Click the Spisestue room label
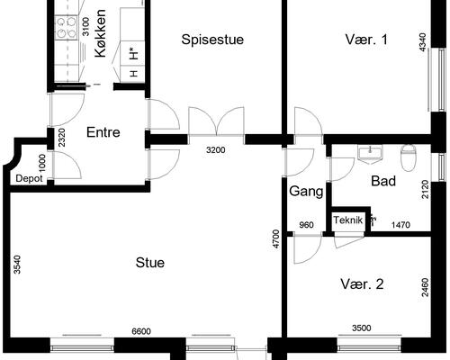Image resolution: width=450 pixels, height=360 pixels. click(212, 40)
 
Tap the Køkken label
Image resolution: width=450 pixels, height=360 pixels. click(100, 33)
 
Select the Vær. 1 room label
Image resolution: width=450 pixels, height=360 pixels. click(366, 40)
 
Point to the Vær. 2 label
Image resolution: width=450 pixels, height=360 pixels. click(362, 283)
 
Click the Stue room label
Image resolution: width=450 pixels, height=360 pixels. click(150, 263)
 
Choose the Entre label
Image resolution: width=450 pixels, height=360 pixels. click(103, 132)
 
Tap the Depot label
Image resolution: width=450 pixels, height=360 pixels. click(29, 179)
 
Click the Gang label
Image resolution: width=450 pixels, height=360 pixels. click(306, 192)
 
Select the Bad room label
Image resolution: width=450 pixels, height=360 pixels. click(383, 181)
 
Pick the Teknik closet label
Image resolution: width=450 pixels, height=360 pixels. click(348, 220)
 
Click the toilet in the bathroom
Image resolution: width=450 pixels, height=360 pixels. click(409, 157)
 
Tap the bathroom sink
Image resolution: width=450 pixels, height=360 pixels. click(370, 154)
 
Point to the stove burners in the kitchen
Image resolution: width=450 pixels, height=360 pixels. click(67, 28)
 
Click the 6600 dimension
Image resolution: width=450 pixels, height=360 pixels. click(141, 331)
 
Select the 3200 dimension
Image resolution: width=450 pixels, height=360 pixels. click(216, 149)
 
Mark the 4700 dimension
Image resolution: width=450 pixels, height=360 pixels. click(276, 238)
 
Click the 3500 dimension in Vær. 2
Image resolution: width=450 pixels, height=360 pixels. click(362, 328)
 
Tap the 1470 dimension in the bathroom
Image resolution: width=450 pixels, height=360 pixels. click(400, 225)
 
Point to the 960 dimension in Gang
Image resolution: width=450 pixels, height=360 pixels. click(306, 225)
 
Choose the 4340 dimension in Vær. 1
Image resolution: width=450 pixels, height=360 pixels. click(422, 42)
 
